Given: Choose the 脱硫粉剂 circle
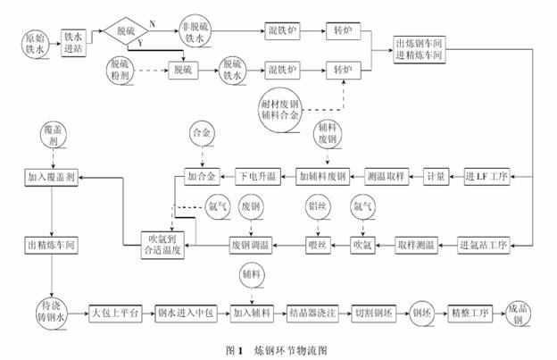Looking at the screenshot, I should tap(122, 70).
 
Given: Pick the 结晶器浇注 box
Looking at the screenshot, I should tap(312, 314).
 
